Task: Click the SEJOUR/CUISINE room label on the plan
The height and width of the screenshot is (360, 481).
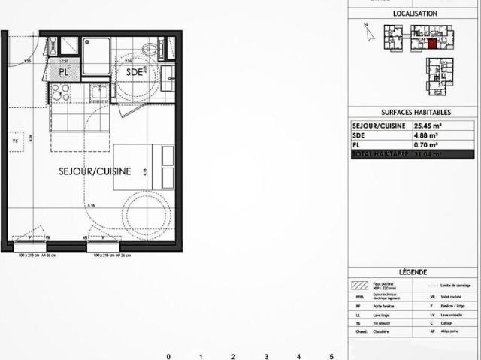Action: [95, 171]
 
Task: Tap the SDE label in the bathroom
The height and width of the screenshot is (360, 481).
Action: [135, 72]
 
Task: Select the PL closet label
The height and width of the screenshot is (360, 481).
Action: [65, 71]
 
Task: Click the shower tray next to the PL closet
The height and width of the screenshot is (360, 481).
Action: [96, 56]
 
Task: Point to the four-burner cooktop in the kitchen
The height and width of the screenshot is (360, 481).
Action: [60, 92]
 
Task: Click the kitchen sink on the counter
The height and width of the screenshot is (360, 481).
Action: [98, 92]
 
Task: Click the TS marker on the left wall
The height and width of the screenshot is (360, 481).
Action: [14, 140]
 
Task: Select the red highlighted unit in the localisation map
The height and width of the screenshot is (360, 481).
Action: [431, 43]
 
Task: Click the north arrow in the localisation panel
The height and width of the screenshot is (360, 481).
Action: [366, 31]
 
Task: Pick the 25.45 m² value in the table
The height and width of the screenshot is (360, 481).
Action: [428, 126]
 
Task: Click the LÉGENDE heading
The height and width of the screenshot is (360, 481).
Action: [414, 272]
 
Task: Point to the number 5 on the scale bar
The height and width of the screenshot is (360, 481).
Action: [331, 356]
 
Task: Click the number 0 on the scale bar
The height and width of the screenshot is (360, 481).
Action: [168, 356]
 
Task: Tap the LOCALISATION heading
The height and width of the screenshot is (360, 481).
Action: [414, 14]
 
